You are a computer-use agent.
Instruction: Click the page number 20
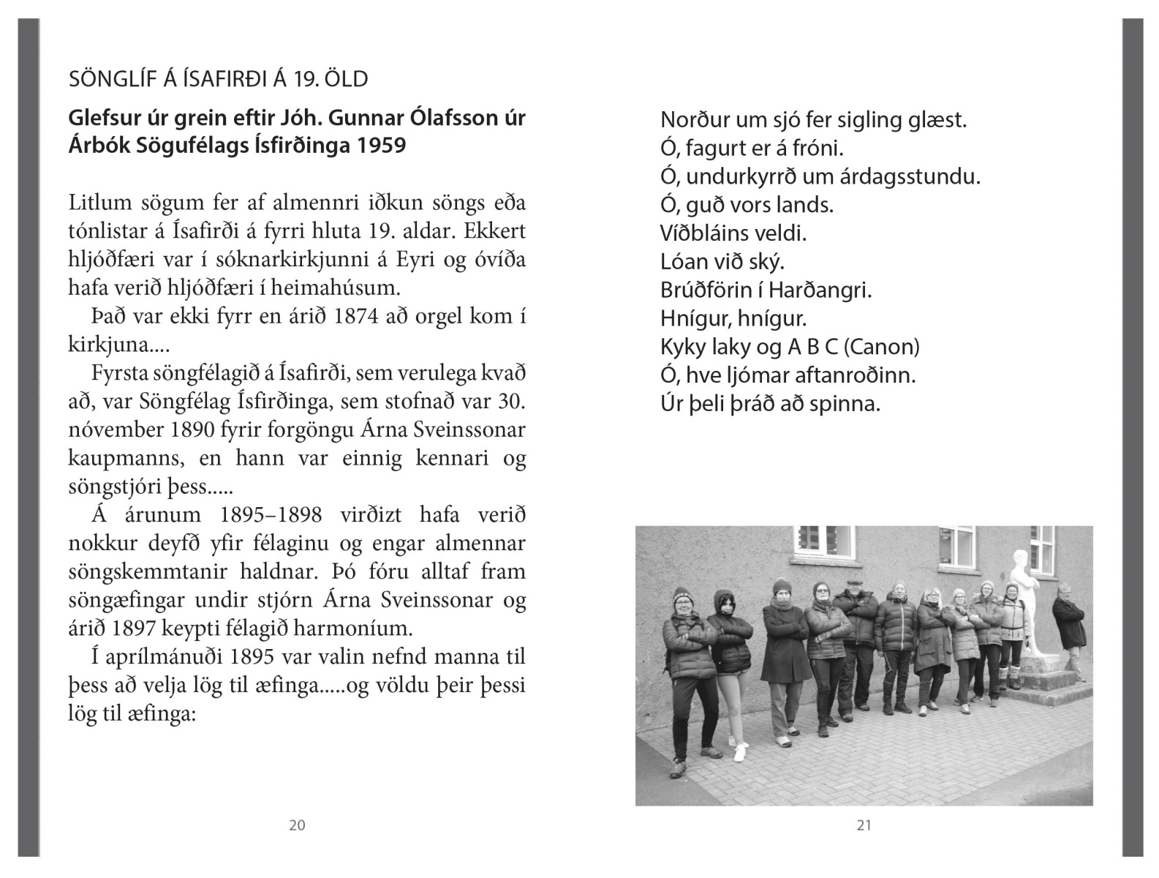point(297,825)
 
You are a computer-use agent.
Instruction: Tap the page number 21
point(864,825)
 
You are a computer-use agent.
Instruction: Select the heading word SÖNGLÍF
point(110,79)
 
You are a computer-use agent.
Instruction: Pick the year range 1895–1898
point(271,515)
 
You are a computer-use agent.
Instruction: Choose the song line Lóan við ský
point(722,262)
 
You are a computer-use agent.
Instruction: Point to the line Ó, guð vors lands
point(747,205)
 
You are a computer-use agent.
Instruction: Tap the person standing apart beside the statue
point(1068,626)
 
